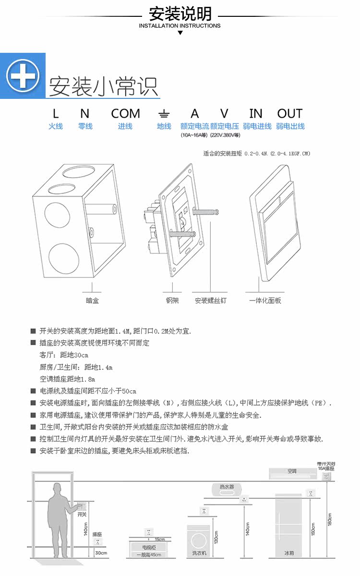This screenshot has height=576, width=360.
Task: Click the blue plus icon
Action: [23, 75]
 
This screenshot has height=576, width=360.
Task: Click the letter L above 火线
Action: [56, 114]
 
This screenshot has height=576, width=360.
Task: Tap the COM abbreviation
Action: [125, 114]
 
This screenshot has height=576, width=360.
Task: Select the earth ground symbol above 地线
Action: [164, 114]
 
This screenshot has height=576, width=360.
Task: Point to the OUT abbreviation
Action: [289, 114]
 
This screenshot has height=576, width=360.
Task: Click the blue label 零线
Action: [85, 126]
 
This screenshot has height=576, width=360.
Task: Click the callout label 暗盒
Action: [92, 301]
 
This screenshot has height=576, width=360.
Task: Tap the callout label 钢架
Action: [172, 301]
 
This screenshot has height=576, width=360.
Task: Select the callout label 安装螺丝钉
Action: [210, 301]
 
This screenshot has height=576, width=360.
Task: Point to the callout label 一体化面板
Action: [265, 301]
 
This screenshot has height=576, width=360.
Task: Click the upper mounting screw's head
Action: [217, 212]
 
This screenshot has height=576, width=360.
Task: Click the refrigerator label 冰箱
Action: [289, 553]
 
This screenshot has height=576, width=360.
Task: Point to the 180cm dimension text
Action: [329, 518]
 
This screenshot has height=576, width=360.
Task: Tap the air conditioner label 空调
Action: [292, 471]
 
